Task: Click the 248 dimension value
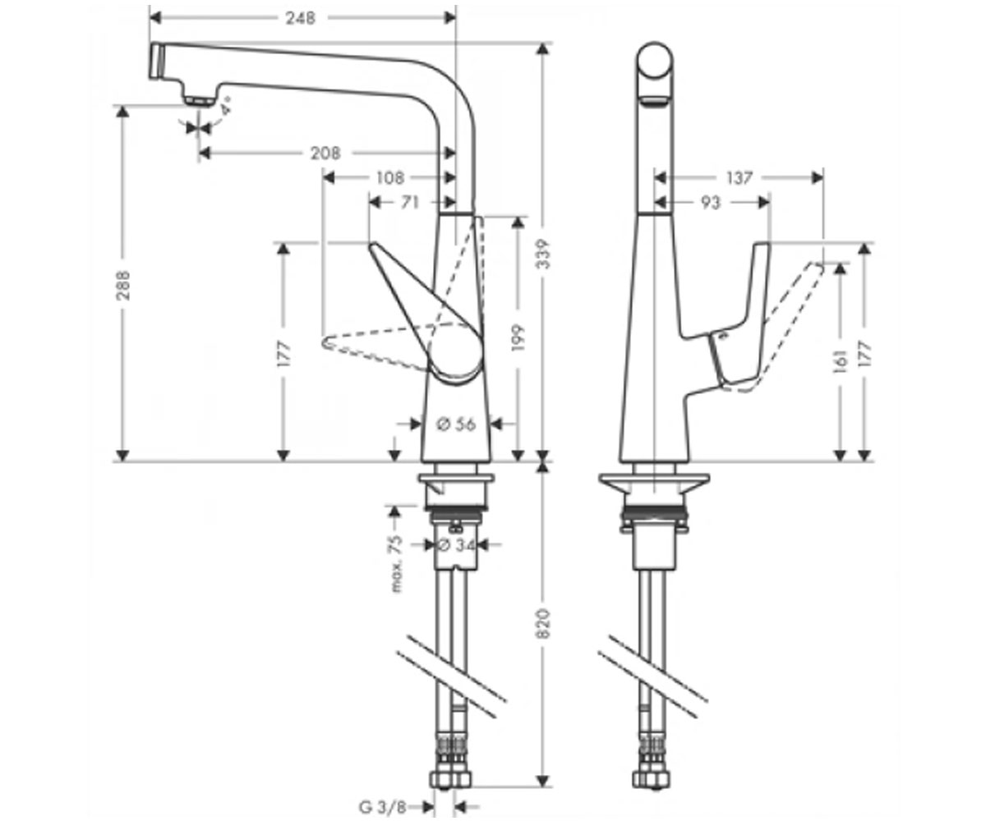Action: [301, 18]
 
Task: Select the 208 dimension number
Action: [325, 153]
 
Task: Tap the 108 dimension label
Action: [390, 178]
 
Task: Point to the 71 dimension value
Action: [410, 203]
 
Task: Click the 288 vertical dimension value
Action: [123, 285]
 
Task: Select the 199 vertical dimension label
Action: [518, 337]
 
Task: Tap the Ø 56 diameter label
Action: [456, 424]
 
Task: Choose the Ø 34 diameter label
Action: [456, 545]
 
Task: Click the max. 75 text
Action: [397, 563]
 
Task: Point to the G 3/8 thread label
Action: [383, 807]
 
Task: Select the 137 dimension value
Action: [739, 178]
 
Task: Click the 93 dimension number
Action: [711, 203]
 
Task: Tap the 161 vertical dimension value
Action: [840, 361]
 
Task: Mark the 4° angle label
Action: [226, 106]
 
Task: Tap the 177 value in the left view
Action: [283, 354]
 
